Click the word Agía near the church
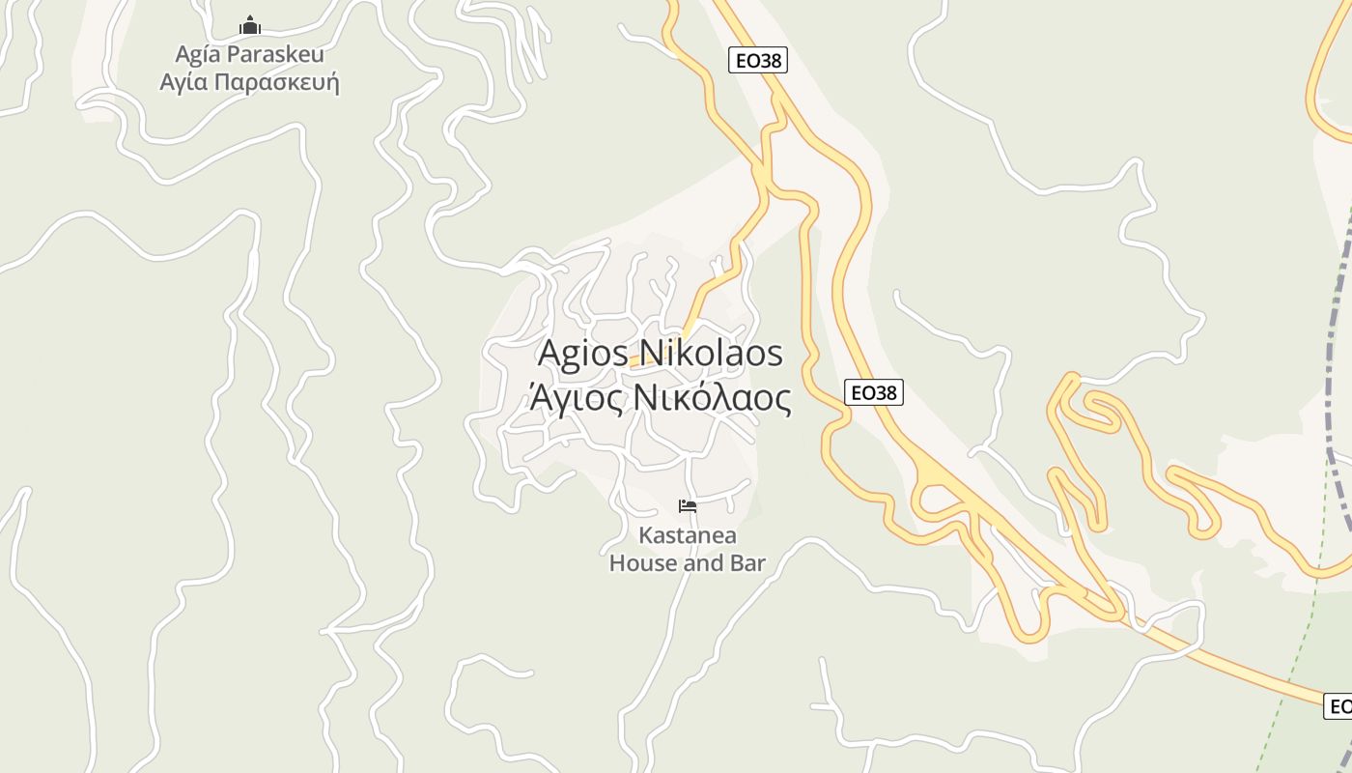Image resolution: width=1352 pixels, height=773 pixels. pyautogui.click(x=199, y=54)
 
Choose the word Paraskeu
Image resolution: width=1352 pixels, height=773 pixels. pyautogui.click(x=276, y=54)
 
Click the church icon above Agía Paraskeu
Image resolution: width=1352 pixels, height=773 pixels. pyautogui.click(x=250, y=25)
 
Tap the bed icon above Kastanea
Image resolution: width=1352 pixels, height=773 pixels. pyautogui.click(x=688, y=506)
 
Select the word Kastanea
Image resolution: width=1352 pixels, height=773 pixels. pyautogui.click(x=688, y=535)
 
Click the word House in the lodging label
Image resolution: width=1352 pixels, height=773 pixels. pyautogui.click(x=643, y=562)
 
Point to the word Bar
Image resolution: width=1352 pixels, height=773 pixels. pyautogui.click(x=747, y=562)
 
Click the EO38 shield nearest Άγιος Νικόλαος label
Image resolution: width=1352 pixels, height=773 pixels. pyautogui.click(x=873, y=392)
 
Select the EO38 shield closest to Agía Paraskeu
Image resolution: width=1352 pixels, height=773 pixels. pyautogui.click(x=757, y=61)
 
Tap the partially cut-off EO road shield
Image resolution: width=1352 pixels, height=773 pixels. pyautogui.click(x=1338, y=706)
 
